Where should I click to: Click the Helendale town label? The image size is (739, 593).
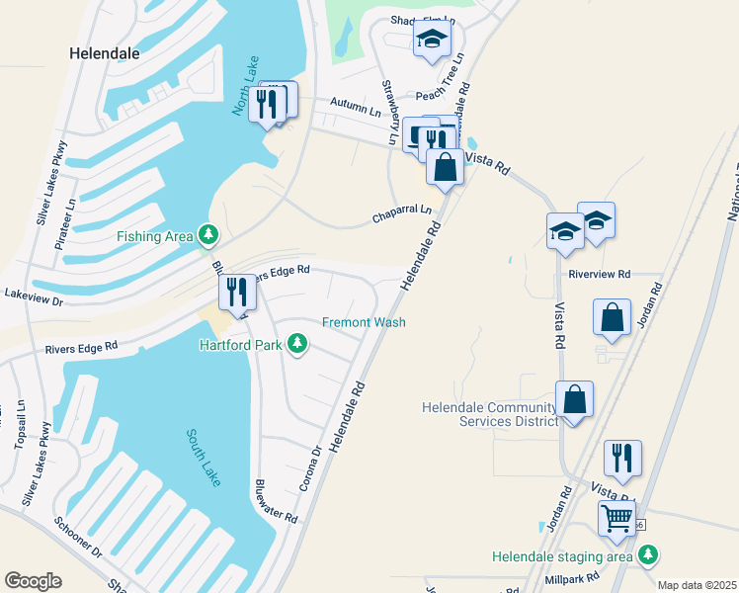pyautogui.click(x=105, y=53)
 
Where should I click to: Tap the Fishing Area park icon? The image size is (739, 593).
pyautogui.click(x=207, y=235)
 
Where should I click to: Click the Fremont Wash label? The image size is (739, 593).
pyautogui.click(x=364, y=322)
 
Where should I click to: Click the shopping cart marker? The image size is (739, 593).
pyautogui.click(x=617, y=516)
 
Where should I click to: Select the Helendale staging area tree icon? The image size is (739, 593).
pyautogui.click(x=649, y=556)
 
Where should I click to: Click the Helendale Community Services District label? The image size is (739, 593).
pyautogui.click(x=489, y=414)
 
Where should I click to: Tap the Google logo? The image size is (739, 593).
pyautogui.click(x=33, y=581)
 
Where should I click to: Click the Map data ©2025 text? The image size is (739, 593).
pyautogui.click(x=697, y=585)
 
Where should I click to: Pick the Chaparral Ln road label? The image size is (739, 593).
pyautogui.click(x=402, y=212)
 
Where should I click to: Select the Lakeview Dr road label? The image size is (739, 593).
pyautogui.click(x=34, y=295)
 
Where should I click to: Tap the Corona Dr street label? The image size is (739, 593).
pyautogui.click(x=311, y=469)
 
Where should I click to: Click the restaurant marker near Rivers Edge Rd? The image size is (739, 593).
pyautogui.click(x=235, y=292)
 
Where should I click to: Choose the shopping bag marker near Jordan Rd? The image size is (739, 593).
pyautogui.click(x=612, y=317)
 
